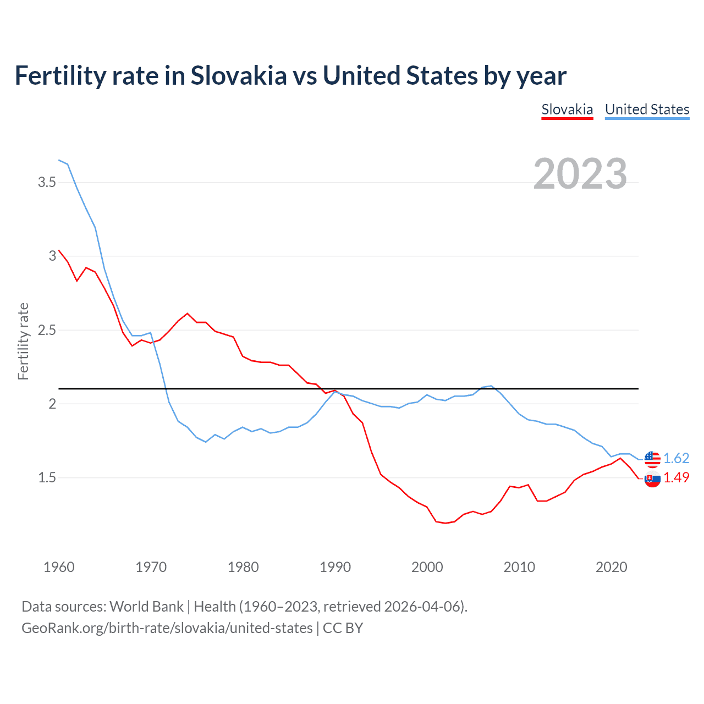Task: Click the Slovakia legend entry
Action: (x=567, y=109)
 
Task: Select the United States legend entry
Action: (x=647, y=109)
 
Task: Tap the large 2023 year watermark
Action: (x=580, y=174)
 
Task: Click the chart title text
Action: (x=290, y=75)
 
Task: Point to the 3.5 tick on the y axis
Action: (x=47, y=182)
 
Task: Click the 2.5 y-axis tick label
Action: (x=47, y=330)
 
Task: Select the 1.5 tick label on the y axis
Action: (x=47, y=478)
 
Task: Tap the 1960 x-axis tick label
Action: (x=59, y=567)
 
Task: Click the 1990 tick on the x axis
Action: (x=335, y=567)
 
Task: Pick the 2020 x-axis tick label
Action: (x=611, y=567)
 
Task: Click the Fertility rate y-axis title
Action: (x=23, y=341)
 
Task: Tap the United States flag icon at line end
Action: (x=652, y=458)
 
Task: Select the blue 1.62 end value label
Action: (x=676, y=458)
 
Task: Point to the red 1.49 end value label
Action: (x=676, y=478)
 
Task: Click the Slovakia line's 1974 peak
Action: (x=188, y=313)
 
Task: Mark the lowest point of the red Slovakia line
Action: (x=446, y=523)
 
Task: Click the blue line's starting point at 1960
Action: (x=59, y=160)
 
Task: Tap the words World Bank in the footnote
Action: (x=146, y=607)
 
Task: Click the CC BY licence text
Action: (x=343, y=628)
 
